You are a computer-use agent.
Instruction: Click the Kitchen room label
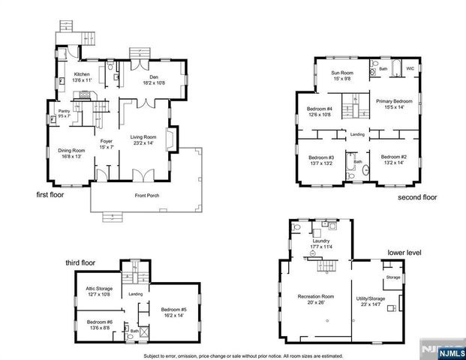click(x=82, y=73)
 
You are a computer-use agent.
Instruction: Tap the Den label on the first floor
click(x=152, y=76)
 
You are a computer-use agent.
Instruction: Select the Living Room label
click(x=143, y=137)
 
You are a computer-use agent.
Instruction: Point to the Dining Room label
click(x=72, y=151)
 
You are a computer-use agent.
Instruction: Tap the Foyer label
click(x=107, y=139)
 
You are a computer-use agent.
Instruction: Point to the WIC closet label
click(x=410, y=68)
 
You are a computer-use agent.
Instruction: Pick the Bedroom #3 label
click(x=320, y=157)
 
